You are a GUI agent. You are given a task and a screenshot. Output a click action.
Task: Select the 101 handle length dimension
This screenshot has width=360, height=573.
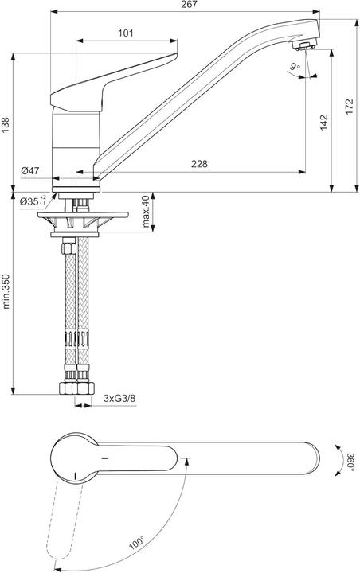pyautogui.click(x=125, y=33)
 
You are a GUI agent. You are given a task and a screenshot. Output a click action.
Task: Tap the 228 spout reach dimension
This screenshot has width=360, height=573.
pyautogui.click(x=200, y=164)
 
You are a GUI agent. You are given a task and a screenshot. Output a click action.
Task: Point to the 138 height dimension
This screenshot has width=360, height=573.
pyautogui.click(x=6, y=123)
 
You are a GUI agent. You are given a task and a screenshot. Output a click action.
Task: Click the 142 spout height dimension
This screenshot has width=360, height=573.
pyautogui.click(x=323, y=123)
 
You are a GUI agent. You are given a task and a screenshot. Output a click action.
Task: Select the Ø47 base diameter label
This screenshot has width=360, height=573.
pyautogui.click(x=30, y=171)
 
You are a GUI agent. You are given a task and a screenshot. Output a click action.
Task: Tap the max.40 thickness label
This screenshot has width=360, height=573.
pyautogui.click(x=147, y=210)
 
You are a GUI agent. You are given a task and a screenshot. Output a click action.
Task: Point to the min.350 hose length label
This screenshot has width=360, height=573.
pyautogui.click(x=6, y=293)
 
